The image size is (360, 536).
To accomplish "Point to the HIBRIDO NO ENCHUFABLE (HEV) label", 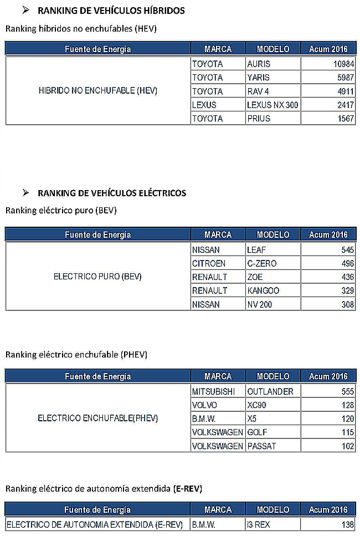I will (98, 91).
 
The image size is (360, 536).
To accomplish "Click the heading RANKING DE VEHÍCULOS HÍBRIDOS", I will (111, 11).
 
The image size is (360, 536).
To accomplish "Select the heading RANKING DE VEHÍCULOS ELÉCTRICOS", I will (112, 193).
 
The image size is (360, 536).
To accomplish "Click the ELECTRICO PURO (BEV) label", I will (97, 277).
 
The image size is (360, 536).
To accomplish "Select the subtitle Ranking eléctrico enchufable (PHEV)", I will (76, 354).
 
